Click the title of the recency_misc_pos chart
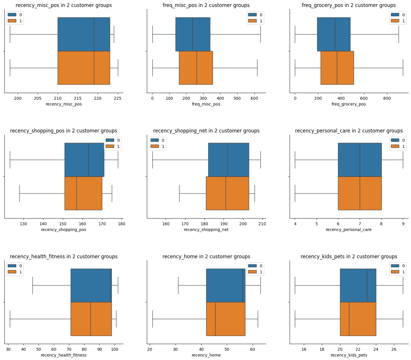pyautogui.click(x=64, y=5)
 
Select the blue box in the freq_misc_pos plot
pyautogui.click(x=193, y=34)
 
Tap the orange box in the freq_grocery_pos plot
pyautogui.click(x=337, y=68)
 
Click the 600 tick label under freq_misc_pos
pyautogui.click(x=254, y=98)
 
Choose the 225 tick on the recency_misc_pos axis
pyautogui.click(x=118, y=98)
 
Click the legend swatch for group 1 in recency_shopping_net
pyautogui.click(x=154, y=146)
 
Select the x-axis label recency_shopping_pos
pyautogui.click(x=64, y=230)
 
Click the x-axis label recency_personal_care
pyautogui.click(x=348, y=230)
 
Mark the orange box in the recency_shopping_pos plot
pyautogui.click(x=83, y=193)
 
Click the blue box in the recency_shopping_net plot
pyautogui.click(x=229, y=160)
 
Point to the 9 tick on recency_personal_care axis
pyautogui.click(x=403, y=224)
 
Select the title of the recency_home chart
pyautogui.click(x=206, y=257)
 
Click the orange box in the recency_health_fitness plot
pyautogui.click(x=91, y=319)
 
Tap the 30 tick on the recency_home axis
pyautogui.click(x=175, y=349)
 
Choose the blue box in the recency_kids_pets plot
pyautogui.click(x=358, y=286)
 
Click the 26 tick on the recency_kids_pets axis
pyautogui.click(x=394, y=349)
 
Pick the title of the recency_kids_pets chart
pyautogui.click(x=349, y=257)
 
